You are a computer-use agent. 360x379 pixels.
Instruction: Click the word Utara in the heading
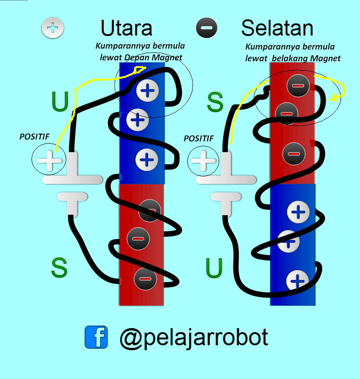click(126, 28)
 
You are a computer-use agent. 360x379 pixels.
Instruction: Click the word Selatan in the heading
click(277, 28)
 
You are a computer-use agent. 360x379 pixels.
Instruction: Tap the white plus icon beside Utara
click(53, 28)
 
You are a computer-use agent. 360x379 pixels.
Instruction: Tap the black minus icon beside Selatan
click(207, 28)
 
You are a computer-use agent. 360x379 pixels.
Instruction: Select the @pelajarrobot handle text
click(194, 337)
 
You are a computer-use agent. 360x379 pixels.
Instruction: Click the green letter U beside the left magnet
click(60, 101)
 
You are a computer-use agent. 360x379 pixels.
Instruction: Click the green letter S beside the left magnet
click(59, 268)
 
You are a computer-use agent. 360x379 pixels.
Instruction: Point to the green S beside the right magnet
click(215, 102)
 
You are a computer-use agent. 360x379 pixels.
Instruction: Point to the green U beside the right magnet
click(214, 268)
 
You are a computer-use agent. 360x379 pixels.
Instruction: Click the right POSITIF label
click(198, 139)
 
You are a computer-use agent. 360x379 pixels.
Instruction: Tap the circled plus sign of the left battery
click(49, 160)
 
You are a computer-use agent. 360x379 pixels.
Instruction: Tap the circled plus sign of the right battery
click(203, 160)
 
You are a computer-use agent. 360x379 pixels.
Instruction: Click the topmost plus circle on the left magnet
click(147, 91)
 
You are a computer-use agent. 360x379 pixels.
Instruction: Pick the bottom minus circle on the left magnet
click(145, 279)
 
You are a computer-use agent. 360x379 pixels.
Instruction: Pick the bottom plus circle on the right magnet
click(297, 281)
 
